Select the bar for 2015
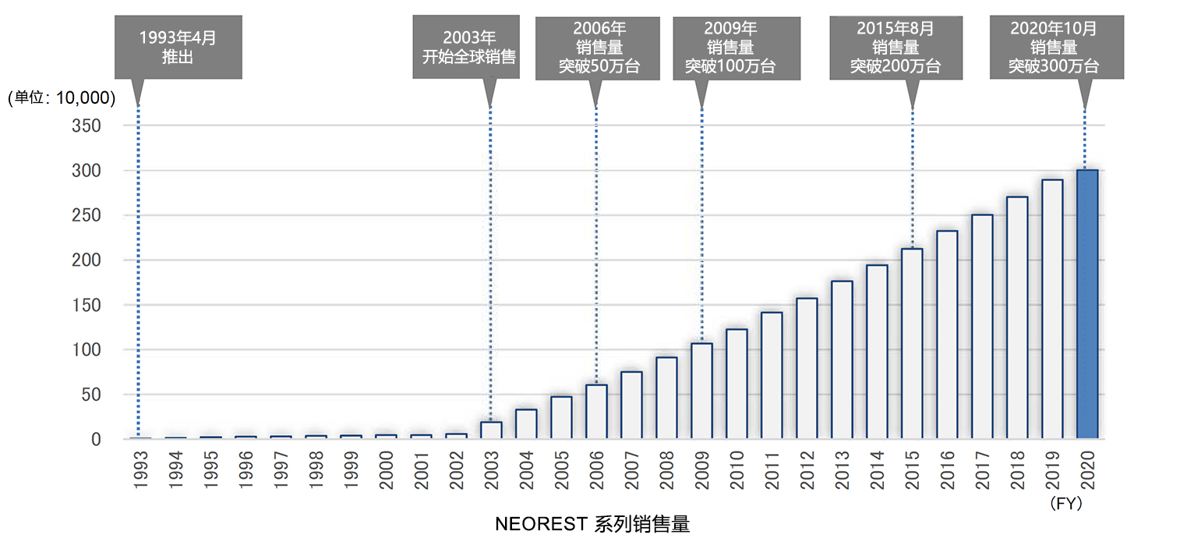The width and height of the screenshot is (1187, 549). point(911,343)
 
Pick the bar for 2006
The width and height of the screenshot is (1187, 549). point(595,411)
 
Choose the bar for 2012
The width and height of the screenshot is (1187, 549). point(806,368)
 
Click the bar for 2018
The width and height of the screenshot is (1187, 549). point(1016,317)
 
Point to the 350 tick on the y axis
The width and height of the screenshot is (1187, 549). point(87,126)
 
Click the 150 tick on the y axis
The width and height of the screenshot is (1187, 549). point(87,305)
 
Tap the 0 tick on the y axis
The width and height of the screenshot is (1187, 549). point(96,440)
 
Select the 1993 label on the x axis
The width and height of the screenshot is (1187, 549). point(138,468)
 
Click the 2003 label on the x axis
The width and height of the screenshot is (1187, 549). point(490,468)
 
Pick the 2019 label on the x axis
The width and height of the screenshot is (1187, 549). point(1051,468)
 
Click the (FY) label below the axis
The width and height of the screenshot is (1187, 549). point(1066,505)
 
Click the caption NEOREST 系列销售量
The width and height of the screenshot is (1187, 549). point(592,524)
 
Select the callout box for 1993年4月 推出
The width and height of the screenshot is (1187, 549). point(178,47)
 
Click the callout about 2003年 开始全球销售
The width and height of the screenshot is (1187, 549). point(466,47)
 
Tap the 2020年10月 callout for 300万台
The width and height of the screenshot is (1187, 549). point(1056,47)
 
